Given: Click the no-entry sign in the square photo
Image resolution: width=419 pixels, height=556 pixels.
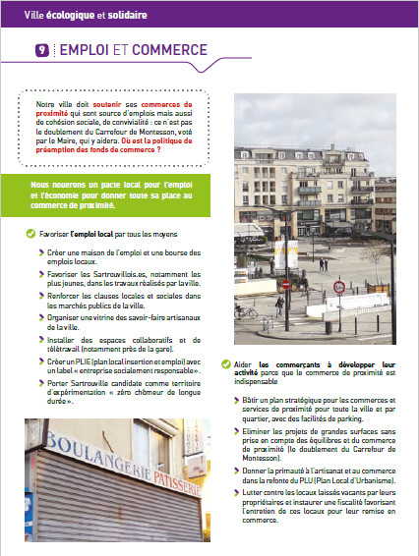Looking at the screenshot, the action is click(286, 285).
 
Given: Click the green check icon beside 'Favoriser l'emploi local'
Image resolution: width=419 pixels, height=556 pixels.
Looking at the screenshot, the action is click(29, 233).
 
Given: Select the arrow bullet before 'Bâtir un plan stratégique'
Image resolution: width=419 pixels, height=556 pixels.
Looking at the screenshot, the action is click(239, 401).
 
